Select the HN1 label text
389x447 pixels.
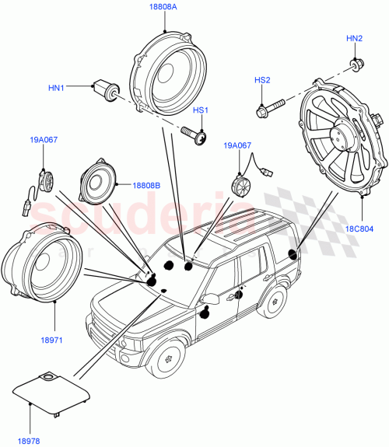tap(57, 89)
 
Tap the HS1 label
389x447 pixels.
tap(201, 111)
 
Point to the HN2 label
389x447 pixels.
tap(354, 38)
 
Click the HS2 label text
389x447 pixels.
tap(262, 80)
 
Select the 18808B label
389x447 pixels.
tap(146, 187)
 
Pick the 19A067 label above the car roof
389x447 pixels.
tap(238, 145)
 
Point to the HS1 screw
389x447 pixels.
tap(194, 137)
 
